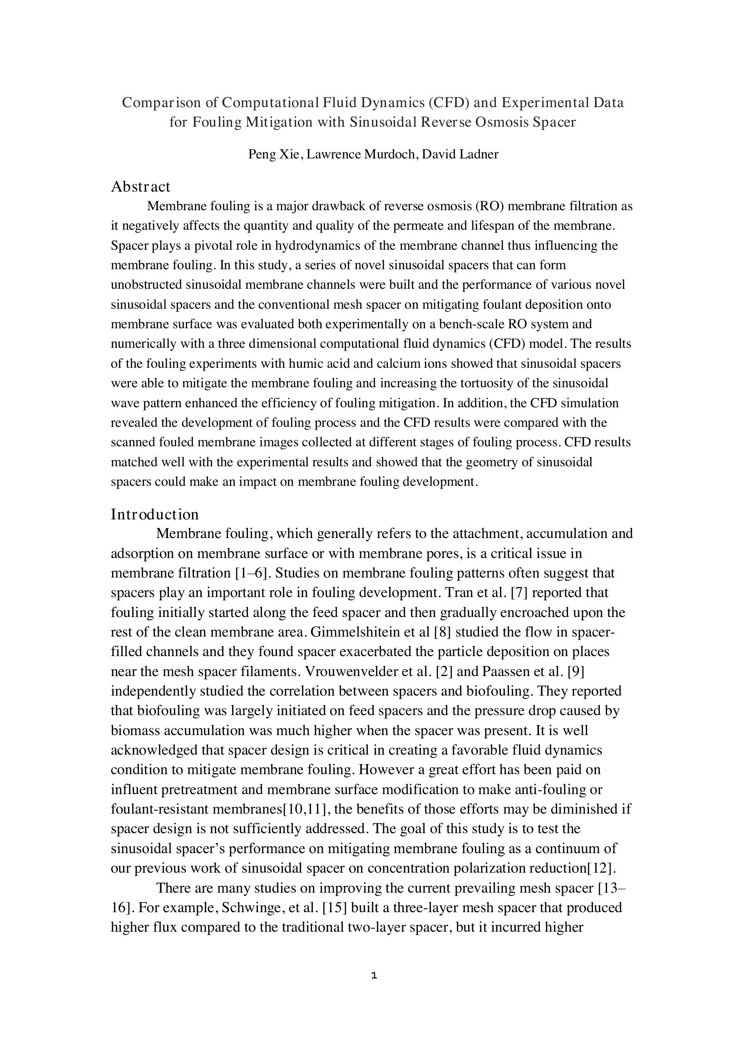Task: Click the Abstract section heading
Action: click(141, 187)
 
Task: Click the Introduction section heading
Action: click(154, 514)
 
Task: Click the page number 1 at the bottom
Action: click(374, 976)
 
